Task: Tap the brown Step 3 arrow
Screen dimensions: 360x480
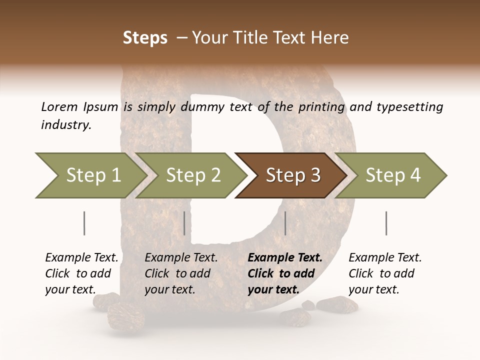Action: (292, 175)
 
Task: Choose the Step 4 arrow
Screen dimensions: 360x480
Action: (393, 175)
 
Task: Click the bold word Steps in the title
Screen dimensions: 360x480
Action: (145, 38)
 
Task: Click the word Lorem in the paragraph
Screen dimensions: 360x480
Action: (59, 107)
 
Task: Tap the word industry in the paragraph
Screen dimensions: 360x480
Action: (65, 125)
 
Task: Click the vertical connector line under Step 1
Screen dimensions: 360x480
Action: (84, 223)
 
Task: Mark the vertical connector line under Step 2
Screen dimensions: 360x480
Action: (184, 223)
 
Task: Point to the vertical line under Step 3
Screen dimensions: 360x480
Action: (285, 223)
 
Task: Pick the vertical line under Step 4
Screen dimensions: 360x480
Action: (386, 223)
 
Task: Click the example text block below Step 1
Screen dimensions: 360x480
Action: (81, 273)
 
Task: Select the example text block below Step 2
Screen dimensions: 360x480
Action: (181, 273)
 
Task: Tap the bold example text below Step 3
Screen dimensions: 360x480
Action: (284, 273)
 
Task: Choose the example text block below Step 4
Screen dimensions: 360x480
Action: (385, 273)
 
